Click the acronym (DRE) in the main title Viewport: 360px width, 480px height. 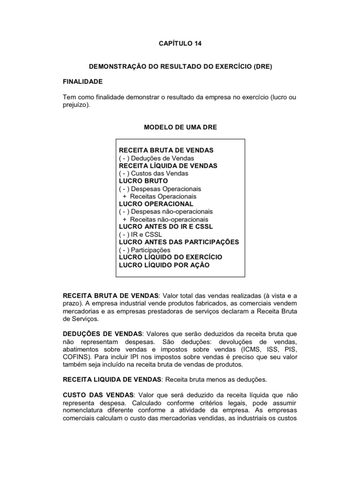(x=262, y=67)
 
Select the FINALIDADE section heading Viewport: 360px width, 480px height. (x=82, y=81)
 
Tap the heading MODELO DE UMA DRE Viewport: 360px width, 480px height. (x=180, y=127)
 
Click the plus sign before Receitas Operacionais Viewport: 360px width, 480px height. (x=125, y=196)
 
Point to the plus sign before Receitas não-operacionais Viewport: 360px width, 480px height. (x=125, y=219)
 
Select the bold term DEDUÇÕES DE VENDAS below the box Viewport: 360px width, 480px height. (x=103, y=334)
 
